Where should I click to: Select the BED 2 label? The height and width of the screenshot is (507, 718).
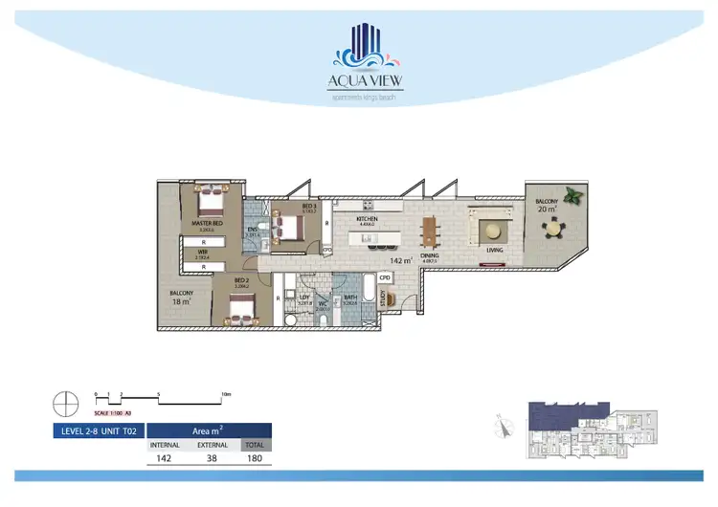(x=241, y=280)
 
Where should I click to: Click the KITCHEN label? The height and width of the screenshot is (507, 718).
(x=367, y=219)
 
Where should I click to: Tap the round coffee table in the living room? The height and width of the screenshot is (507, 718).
(x=493, y=229)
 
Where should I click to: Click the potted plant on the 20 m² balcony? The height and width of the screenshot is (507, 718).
(x=573, y=195)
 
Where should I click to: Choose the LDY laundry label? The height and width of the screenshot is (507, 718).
(x=305, y=298)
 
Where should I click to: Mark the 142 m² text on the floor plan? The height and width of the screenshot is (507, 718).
(x=400, y=259)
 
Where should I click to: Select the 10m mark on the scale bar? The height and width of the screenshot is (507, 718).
(x=226, y=393)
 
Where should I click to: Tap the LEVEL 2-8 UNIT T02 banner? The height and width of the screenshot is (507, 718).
(x=97, y=430)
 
